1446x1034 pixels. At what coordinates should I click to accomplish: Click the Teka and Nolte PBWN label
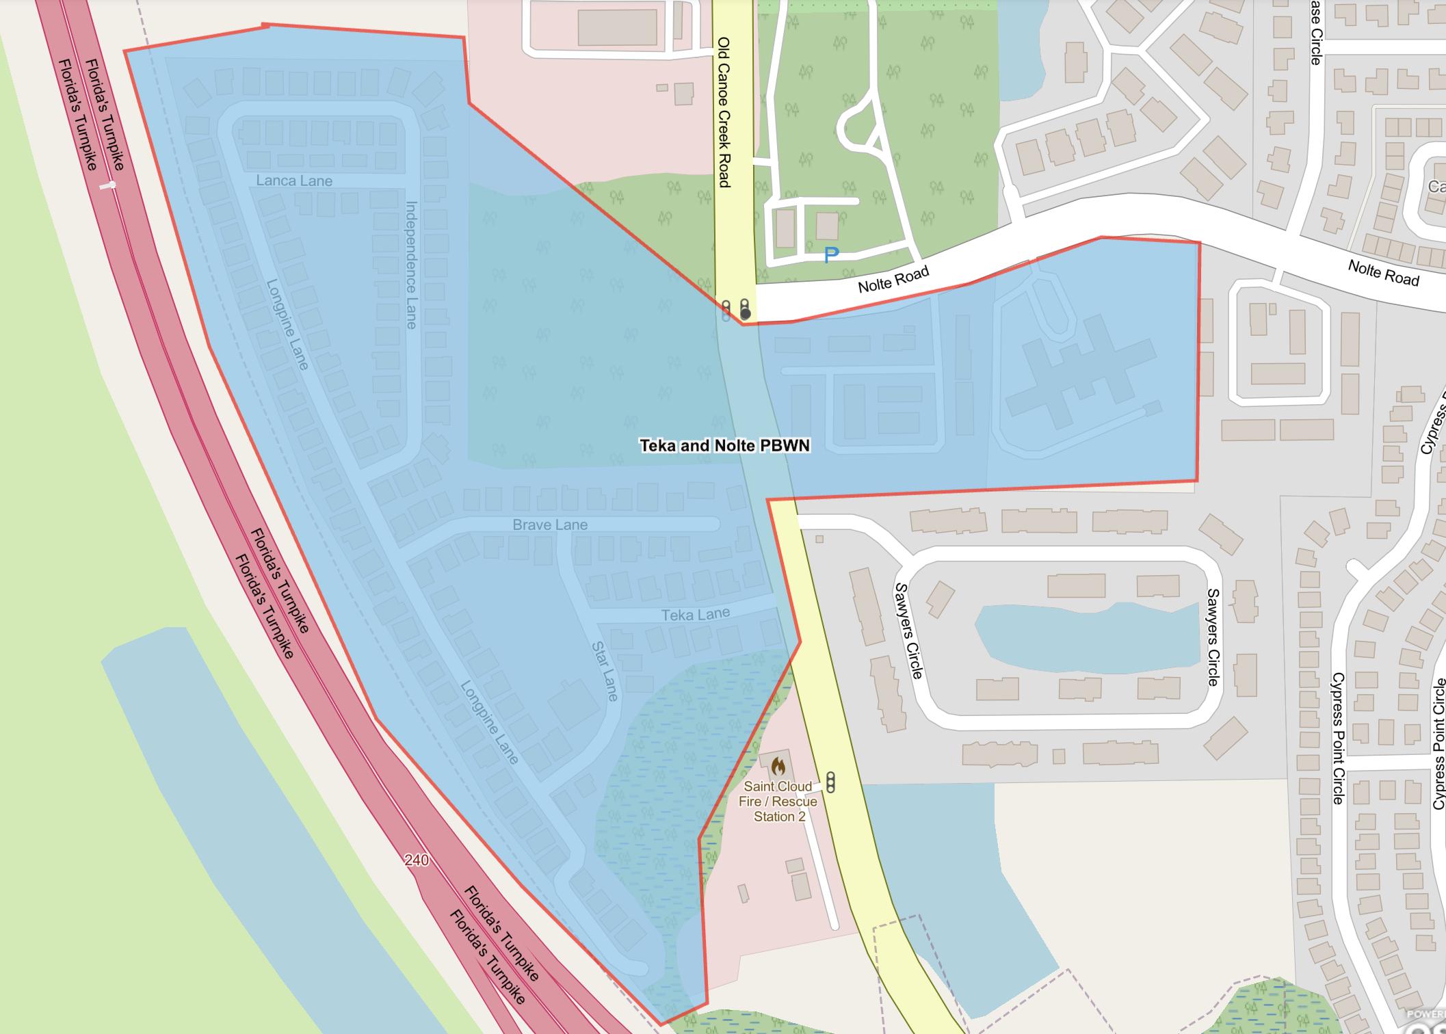click(724, 446)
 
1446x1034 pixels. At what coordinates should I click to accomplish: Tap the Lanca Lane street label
click(294, 181)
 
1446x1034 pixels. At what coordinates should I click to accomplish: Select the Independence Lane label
click(411, 265)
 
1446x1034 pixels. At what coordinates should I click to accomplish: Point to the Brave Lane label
click(550, 525)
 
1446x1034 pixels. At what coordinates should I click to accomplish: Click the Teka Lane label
click(695, 615)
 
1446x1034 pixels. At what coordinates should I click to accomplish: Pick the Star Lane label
click(605, 671)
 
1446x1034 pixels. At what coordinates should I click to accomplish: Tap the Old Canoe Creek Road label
click(724, 112)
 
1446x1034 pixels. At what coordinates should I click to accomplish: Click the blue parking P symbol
click(831, 255)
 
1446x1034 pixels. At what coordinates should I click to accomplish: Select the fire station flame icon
click(778, 766)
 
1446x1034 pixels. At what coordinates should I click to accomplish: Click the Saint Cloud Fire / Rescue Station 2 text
click(778, 801)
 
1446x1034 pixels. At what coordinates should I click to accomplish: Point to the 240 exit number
click(417, 860)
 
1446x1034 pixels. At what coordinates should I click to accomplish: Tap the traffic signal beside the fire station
click(830, 782)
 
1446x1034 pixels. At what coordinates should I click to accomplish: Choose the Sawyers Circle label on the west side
click(908, 631)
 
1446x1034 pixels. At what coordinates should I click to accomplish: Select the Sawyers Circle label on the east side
click(1213, 637)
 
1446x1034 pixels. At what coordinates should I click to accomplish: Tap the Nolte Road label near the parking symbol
click(893, 279)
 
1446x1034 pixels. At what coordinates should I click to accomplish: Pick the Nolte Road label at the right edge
click(1383, 273)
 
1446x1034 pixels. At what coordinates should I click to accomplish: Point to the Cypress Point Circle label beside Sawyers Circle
click(1338, 738)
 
